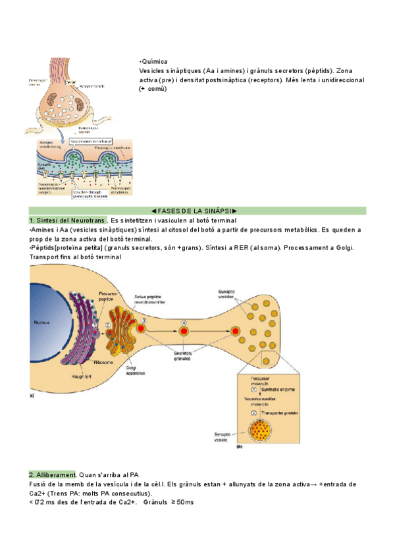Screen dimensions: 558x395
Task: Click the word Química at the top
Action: (155, 60)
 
